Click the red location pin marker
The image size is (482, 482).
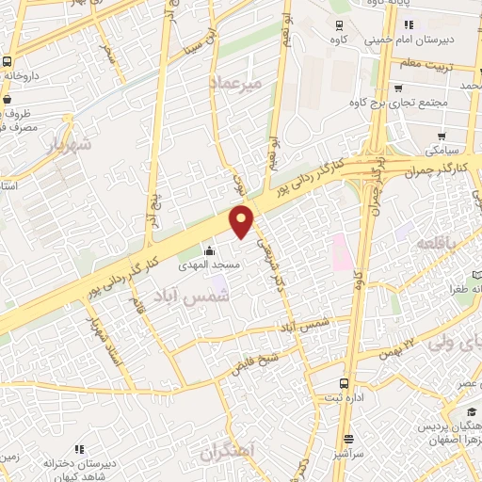click(243, 219)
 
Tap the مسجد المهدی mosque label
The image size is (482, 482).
click(209, 267)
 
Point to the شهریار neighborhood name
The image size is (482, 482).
click(67, 145)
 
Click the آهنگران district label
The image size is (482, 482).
click(226, 452)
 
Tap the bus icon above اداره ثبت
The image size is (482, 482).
click(345, 383)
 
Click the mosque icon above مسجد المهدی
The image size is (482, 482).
click(209, 252)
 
